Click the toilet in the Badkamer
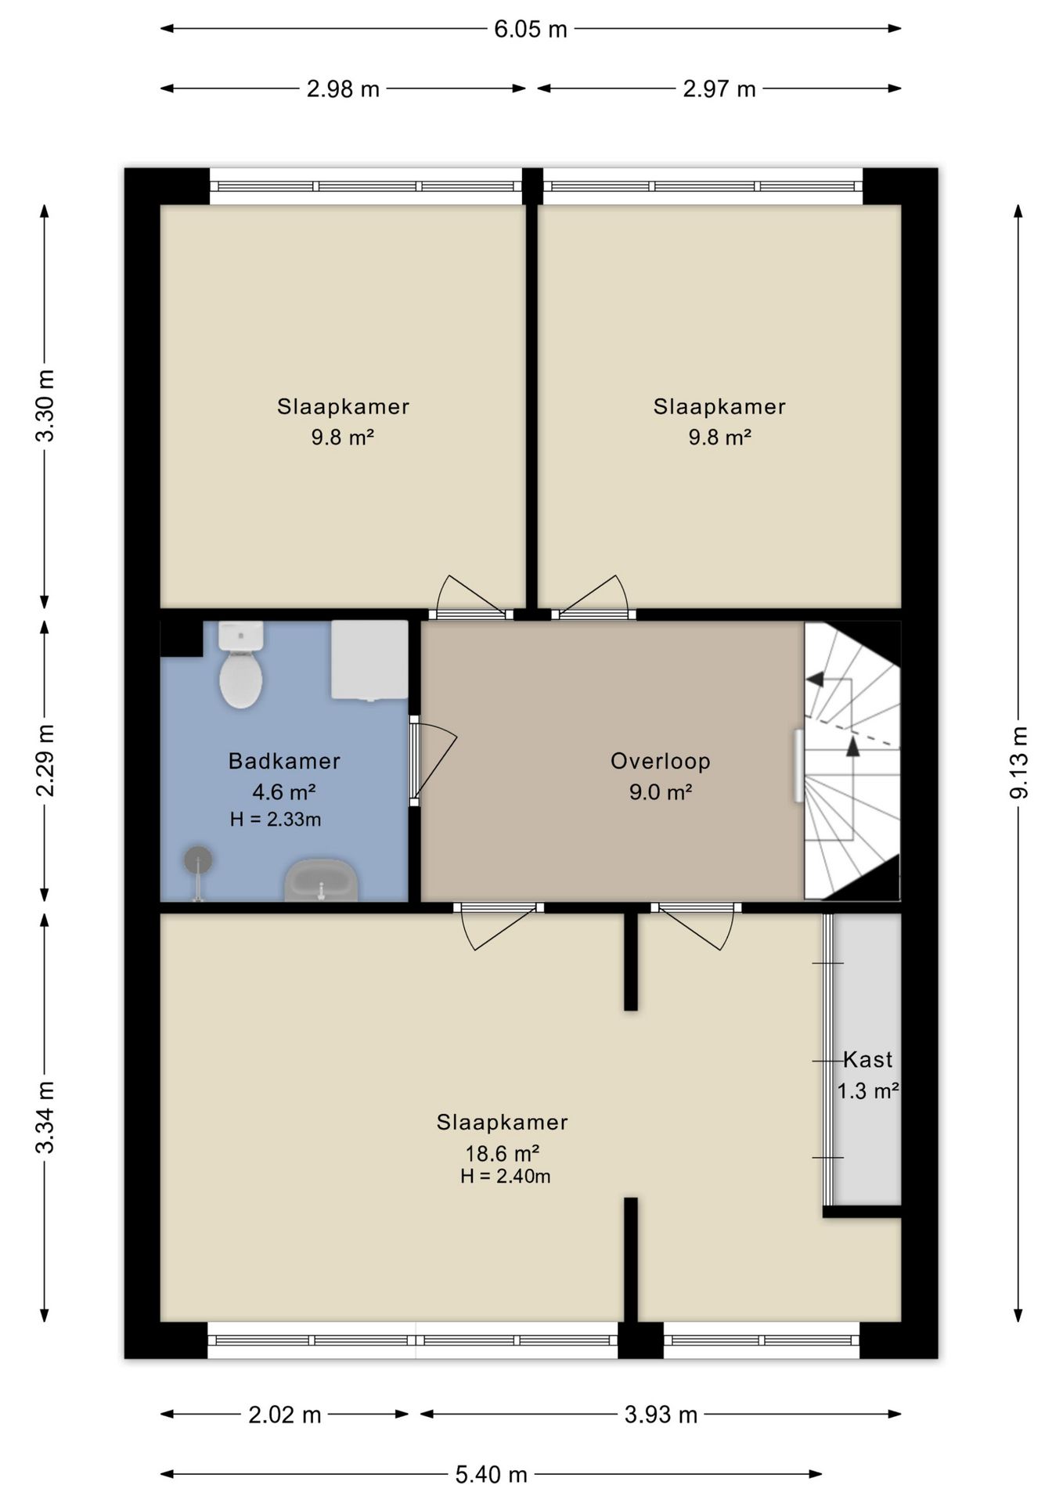240,665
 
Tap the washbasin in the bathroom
321,880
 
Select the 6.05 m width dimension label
530,30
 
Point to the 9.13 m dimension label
1018,762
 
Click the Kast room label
867,1060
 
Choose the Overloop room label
661,761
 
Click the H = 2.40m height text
505,1177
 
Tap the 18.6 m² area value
503,1153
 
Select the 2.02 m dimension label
285,1415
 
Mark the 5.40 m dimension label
492,1475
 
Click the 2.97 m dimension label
719,89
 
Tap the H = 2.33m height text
276,820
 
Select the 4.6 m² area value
283,792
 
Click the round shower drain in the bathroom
198,860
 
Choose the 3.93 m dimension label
661,1415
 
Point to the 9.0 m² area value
661,792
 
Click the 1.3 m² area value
867,1091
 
